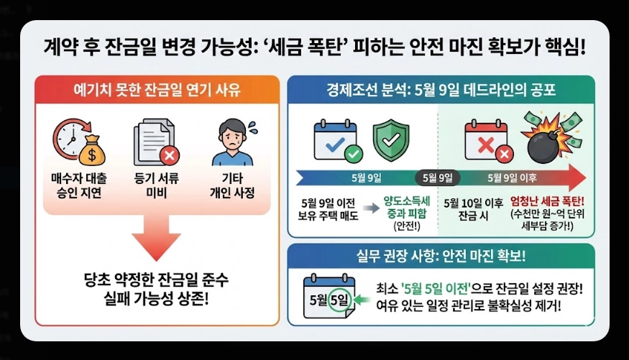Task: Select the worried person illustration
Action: point(234,140)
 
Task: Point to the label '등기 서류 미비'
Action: point(155,185)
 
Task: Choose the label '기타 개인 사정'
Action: point(234,185)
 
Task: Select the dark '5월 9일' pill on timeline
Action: point(437,177)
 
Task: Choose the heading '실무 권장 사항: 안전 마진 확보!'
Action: point(441,256)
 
